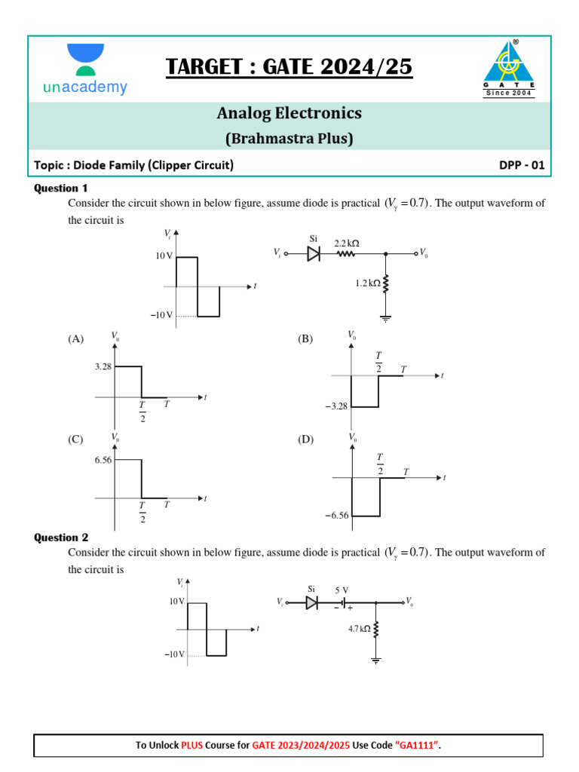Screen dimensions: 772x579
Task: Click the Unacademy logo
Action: (x=84, y=69)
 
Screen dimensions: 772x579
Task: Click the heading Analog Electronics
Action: (x=289, y=113)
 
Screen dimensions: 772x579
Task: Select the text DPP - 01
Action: (x=521, y=165)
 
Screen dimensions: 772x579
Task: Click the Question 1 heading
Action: (x=61, y=188)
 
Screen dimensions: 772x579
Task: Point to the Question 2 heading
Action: (x=61, y=538)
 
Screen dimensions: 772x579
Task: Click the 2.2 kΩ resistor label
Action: (x=347, y=244)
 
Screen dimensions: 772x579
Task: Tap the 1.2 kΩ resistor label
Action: (x=368, y=283)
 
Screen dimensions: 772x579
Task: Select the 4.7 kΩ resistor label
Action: (x=359, y=627)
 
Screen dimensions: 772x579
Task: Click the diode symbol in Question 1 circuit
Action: (x=314, y=254)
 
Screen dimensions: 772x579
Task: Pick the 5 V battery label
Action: (x=342, y=590)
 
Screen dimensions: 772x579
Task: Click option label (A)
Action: (x=76, y=339)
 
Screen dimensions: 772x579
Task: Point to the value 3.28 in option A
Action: (x=103, y=366)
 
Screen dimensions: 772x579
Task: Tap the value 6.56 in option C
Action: (x=103, y=459)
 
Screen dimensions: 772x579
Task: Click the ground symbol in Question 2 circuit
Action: (x=376, y=660)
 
